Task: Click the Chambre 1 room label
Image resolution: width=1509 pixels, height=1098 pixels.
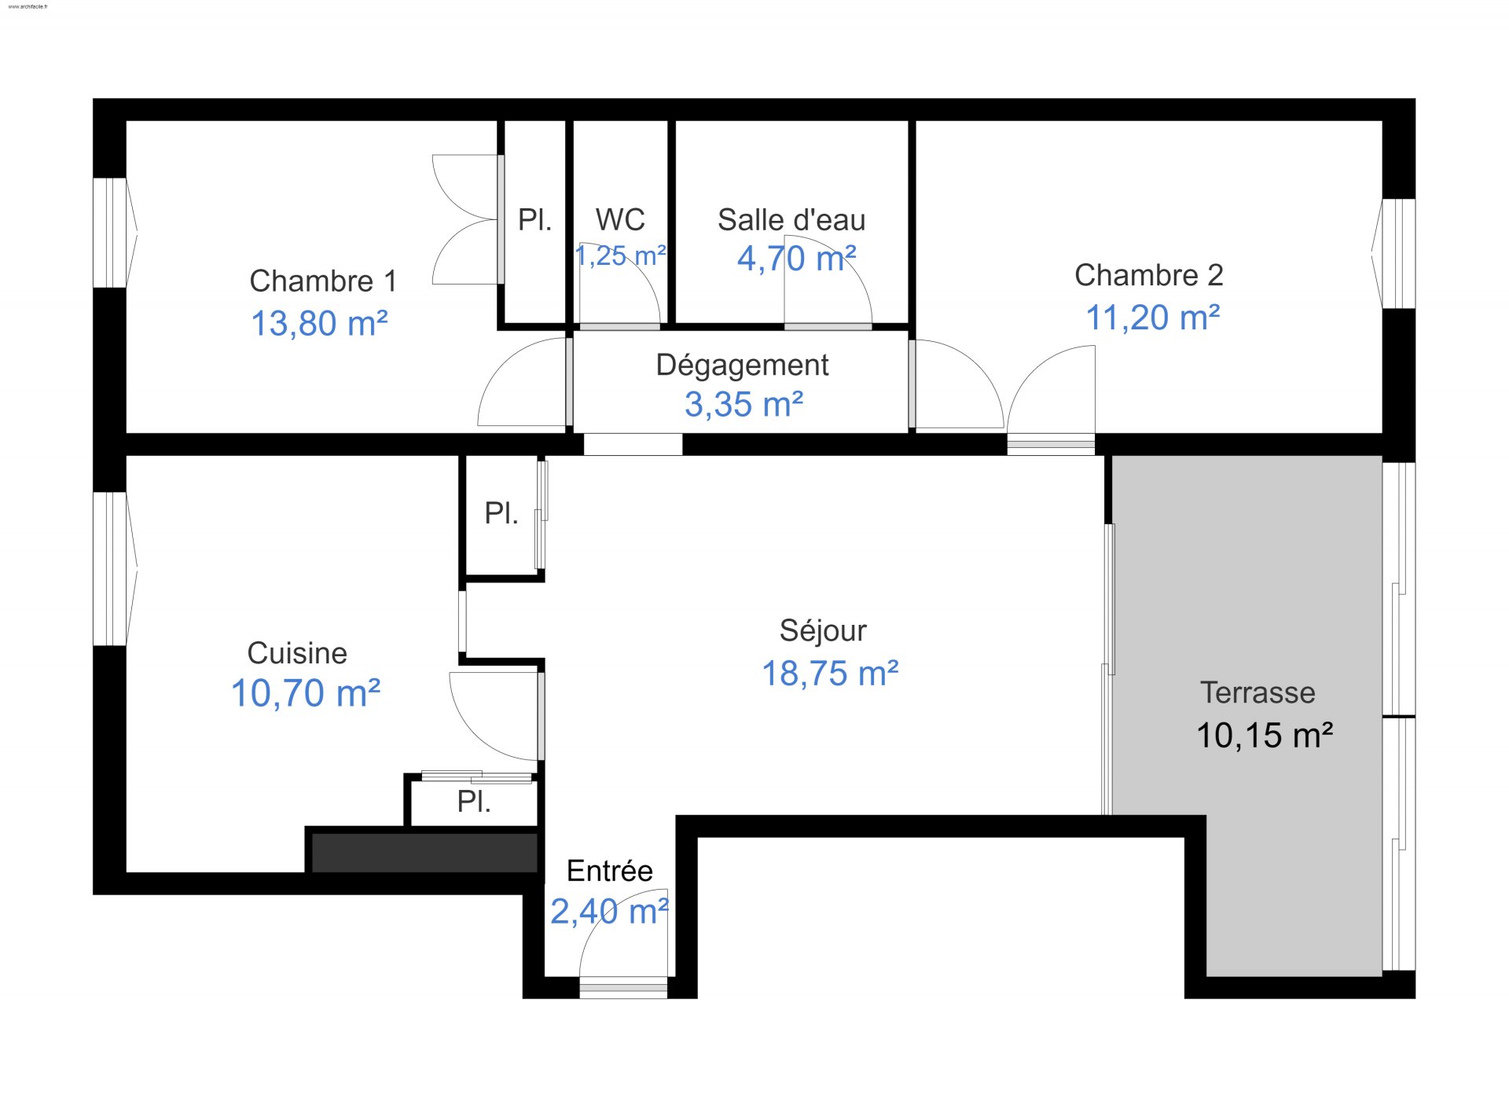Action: pos(323,281)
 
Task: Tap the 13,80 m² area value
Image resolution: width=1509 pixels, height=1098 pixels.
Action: pos(319,323)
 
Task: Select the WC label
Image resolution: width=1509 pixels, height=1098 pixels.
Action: pos(620,220)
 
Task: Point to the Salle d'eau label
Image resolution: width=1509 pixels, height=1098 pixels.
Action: pos(791,220)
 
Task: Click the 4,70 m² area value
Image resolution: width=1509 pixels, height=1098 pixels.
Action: pos(796,259)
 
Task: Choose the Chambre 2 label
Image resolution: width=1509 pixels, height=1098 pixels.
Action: pos(1149,275)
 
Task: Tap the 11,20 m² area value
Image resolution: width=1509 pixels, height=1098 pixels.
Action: pos(1153,318)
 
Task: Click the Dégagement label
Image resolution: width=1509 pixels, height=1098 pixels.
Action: pos(742,365)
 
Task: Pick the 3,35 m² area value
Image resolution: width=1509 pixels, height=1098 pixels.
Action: pos(743,404)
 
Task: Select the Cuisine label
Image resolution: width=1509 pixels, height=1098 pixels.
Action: pos(297,653)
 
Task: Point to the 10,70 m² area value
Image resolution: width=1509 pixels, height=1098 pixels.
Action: pos(306,693)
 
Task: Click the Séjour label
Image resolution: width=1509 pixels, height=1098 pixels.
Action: pos(823,630)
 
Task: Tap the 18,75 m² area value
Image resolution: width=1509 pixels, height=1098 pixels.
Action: pos(830,674)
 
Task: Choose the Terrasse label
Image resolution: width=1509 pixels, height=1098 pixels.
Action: pos(1257,692)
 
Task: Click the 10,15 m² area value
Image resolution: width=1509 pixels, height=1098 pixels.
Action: pos(1265,736)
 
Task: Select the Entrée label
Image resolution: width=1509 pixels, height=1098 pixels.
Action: pos(610,871)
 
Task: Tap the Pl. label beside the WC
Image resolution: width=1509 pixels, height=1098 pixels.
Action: pos(534,220)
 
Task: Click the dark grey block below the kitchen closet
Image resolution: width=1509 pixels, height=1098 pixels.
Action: pos(424,853)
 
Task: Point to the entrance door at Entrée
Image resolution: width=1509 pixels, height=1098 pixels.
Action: pos(623,987)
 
